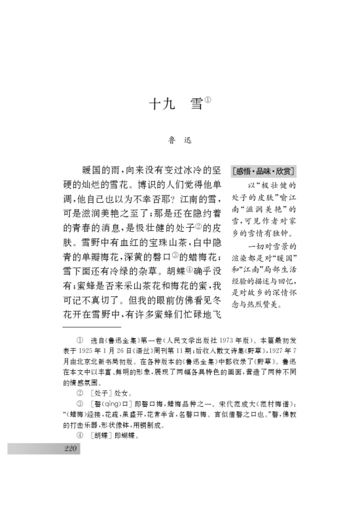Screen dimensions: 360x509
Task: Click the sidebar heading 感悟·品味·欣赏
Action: [x=262, y=171]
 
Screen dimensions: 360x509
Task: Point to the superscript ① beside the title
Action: [x=207, y=100]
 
